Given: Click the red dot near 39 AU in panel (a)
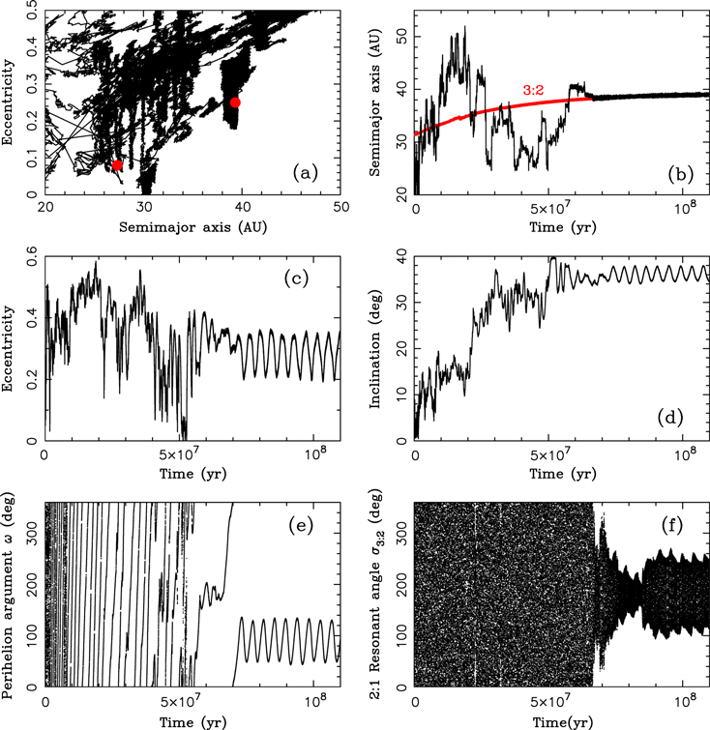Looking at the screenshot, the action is (235, 102).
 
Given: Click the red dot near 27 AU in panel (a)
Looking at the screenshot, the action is (117, 165).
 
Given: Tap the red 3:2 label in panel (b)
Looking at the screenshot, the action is (533, 90).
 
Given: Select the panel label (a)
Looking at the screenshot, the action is (305, 173).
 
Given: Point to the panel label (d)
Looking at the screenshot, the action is (670, 418).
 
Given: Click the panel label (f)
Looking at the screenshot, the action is (672, 525).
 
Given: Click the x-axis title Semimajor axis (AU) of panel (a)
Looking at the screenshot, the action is (192, 227).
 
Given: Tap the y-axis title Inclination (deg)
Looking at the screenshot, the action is (375, 349).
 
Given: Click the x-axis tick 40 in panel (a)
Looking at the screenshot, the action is (242, 207).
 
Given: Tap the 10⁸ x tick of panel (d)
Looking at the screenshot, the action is (683, 453).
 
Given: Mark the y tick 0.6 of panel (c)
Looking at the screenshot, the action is (33, 257).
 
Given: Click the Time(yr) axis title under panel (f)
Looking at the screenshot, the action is (563, 722).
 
